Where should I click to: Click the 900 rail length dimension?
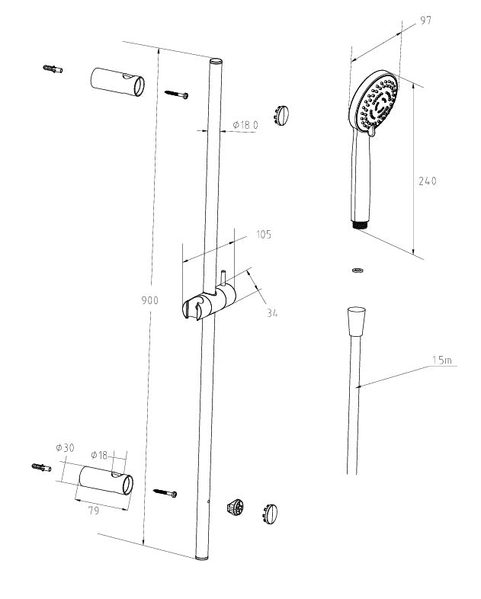point(149,300)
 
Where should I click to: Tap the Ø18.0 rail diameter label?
point(245,124)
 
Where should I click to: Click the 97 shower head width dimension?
point(425,21)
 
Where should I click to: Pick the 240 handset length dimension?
point(428,181)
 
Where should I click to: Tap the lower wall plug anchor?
point(40,466)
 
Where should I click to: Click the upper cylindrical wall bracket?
point(116,82)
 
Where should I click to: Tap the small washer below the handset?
point(357,270)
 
